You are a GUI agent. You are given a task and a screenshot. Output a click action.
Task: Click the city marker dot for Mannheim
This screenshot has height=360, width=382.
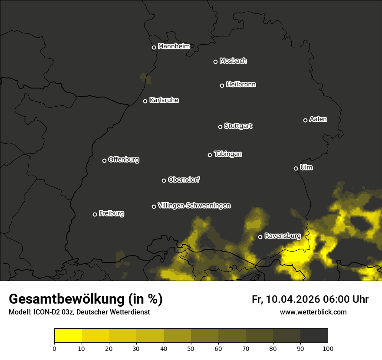click(x=154, y=48)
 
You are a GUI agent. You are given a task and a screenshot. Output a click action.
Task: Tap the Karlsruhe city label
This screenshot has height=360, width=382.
click(x=164, y=100)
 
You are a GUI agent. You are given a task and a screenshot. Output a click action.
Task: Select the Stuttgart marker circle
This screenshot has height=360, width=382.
click(x=220, y=127)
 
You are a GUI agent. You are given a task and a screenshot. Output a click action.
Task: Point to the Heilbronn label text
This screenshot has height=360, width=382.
click(x=241, y=85)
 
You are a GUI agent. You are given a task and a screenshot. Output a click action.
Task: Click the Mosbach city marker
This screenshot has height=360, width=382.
click(x=215, y=62)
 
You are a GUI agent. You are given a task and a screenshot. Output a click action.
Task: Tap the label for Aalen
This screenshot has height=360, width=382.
click(x=318, y=119)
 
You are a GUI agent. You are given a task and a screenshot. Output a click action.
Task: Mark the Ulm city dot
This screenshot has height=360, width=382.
click(x=296, y=168)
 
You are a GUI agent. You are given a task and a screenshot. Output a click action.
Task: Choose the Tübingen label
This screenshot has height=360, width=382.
click(x=228, y=154)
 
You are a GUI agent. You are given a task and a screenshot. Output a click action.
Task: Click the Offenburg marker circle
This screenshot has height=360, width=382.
click(x=104, y=160)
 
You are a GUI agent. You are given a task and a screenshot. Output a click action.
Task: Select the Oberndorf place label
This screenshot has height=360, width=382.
click(x=184, y=180)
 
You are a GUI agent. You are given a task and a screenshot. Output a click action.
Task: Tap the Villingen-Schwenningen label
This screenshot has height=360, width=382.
click(x=194, y=206)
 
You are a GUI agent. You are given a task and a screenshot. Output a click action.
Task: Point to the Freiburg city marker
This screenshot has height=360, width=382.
click(x=95, y=214)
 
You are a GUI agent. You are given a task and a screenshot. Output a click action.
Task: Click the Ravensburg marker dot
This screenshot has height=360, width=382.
click(x=260, y=237)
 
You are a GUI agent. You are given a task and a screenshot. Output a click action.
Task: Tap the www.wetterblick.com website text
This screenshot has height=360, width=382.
click(x=313, y=312)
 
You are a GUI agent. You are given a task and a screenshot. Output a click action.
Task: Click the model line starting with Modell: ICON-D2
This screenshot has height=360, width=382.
click(x=79, y=312)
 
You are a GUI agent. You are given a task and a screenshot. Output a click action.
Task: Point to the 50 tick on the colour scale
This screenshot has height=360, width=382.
click(x=191, y=348)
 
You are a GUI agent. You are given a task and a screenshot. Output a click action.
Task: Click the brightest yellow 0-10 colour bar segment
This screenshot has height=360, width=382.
click(x=68, y=336)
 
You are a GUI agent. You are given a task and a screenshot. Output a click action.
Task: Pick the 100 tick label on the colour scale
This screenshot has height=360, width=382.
click(x=328, y=348)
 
